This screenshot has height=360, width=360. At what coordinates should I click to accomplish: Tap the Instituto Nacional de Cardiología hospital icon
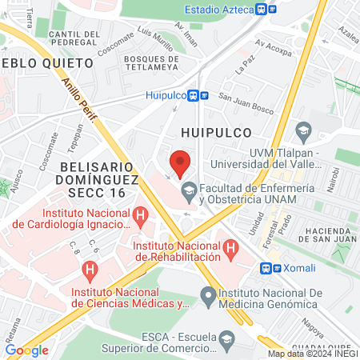point(141,214)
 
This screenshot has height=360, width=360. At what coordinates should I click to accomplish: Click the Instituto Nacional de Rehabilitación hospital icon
point(231,248)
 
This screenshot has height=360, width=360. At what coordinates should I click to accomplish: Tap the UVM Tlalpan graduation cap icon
point(303,130)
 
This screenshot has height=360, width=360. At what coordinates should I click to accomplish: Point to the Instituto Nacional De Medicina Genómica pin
point(209,294)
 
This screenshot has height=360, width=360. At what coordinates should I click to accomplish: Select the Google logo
point(26,350)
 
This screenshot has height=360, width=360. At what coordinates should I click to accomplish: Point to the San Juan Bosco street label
point(236,100)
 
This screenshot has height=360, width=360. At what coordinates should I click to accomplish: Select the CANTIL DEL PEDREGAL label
point(74,38)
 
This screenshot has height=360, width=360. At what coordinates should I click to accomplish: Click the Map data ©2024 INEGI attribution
point(312,354)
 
